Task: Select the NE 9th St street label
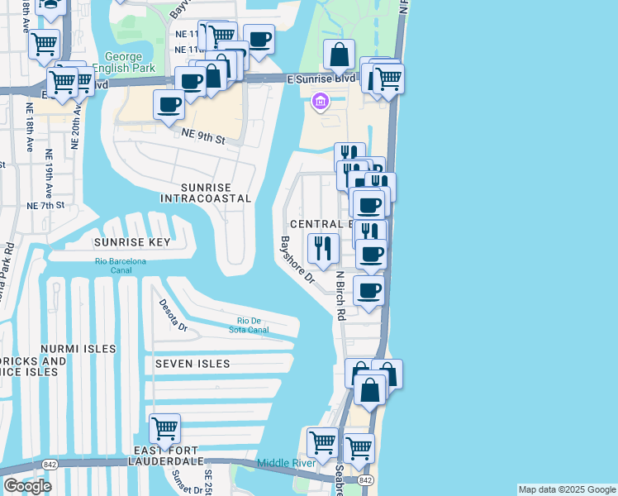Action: [x=202, y=140]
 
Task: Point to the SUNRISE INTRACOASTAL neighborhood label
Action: [x=206, y=193]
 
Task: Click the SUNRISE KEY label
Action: [x=131, y=242]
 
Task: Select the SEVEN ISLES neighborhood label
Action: [x=192, y=364]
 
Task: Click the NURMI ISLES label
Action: [x=67, y=349]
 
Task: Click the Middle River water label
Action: [x=287, y=463]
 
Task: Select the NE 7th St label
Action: [x=45, y=205]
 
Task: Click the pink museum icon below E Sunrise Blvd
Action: [x=320, y=102]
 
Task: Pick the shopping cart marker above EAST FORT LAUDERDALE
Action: [x=164, y=430]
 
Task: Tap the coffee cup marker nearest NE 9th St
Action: [x=169, y=105]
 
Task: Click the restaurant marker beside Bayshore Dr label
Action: [x=322, y=247]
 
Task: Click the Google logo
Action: [x=27, y=485]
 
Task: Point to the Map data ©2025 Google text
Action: [x=567, y=489]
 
